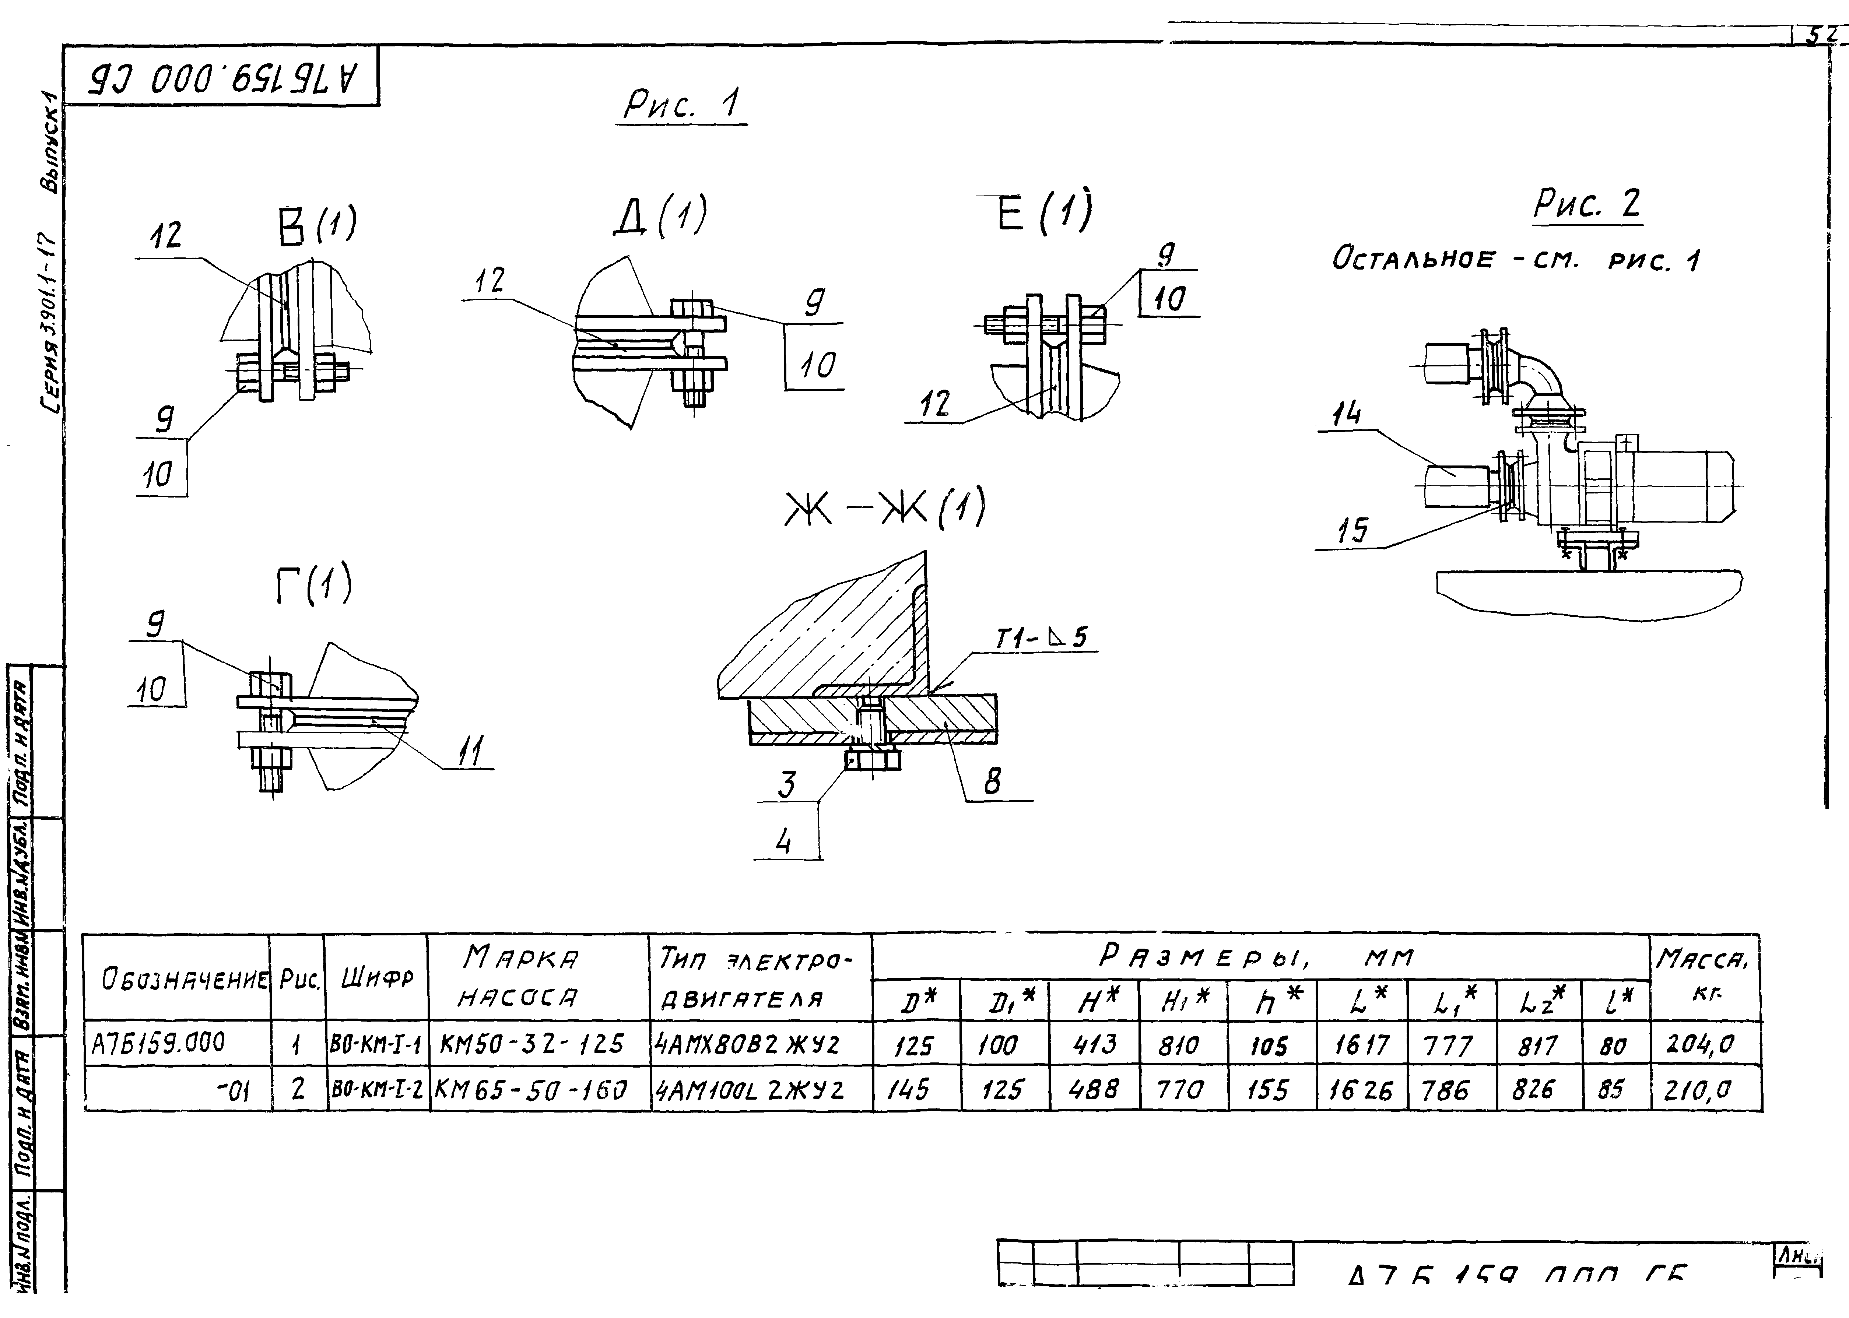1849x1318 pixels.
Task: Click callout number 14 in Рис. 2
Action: point(1346,415)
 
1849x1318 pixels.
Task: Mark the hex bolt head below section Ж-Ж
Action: point(873,760)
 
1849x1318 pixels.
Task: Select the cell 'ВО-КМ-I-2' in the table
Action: point(377,1089)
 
